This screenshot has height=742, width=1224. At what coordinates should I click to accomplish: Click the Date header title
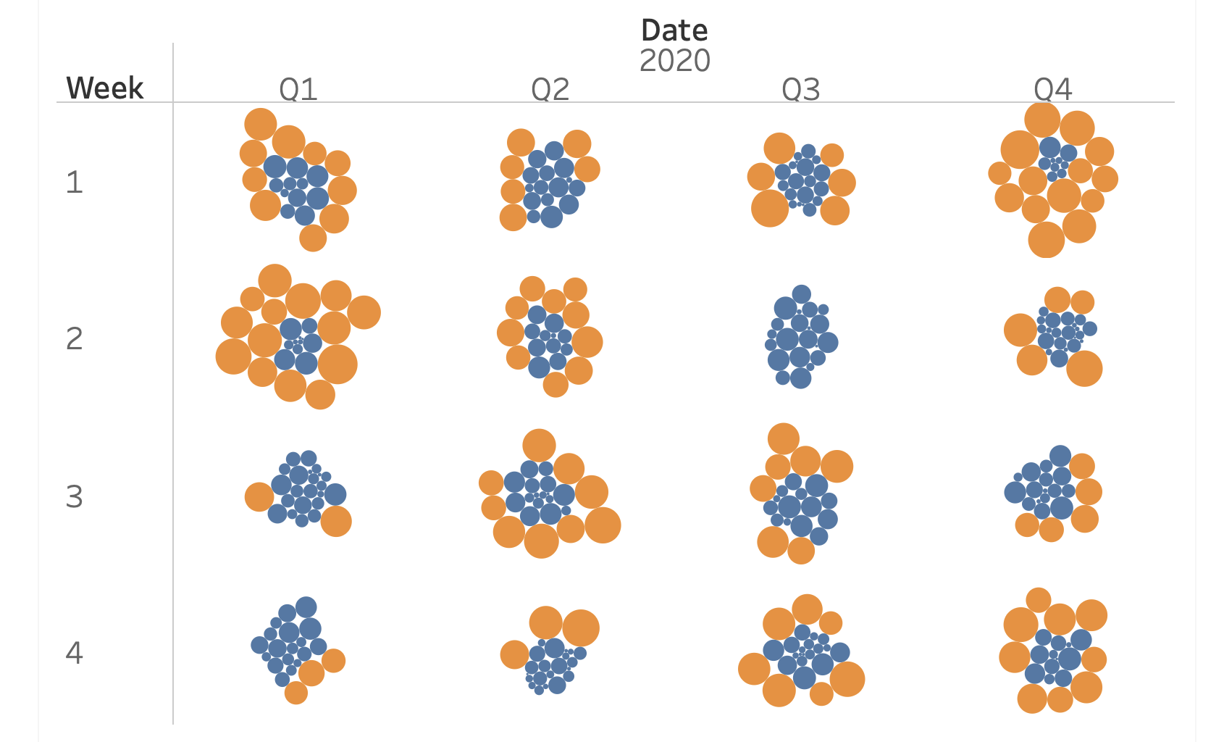pyautogui.click(x=674, y=30)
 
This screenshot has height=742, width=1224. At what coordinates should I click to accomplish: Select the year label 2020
pyautogui.click(x=674, y=61)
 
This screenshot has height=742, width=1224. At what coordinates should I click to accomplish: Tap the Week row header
pyautogui.click(x=104, y=88)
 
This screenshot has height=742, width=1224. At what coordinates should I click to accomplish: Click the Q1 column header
pyautogui.click(x=298, y=90)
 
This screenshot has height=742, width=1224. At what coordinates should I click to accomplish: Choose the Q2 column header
pyautogui.click(x=550, y=90)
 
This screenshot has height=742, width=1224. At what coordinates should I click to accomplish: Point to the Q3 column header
pyautogui.click(x=800, y=90)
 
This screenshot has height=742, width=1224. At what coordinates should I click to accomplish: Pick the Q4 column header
pyautogui.click(x=1052, y=90)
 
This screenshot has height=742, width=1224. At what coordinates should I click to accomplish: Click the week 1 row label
pyautogui.click(x=75, y=182)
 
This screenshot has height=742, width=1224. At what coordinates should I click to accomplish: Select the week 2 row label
pyautogui.click(x=75, y=339)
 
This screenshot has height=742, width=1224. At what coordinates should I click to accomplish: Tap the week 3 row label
pyautogui.click(x=75, y=497)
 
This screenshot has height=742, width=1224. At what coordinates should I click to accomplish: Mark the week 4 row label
pyautogui.click(x=75, y=654)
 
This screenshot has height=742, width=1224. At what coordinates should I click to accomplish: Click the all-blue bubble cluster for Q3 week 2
pyautogui.click(x=800, y=338)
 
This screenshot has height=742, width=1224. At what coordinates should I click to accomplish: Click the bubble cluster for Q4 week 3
pyautogui.click(x=1052, y=493)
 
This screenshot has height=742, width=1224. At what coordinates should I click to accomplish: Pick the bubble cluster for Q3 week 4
pyautogui.click(x=801, y=652)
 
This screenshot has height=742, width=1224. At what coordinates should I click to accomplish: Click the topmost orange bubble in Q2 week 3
pyautogui.click(x=539, y=445)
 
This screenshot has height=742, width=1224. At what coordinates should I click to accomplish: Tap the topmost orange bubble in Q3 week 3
pyautogui.click(x=783, y=439)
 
